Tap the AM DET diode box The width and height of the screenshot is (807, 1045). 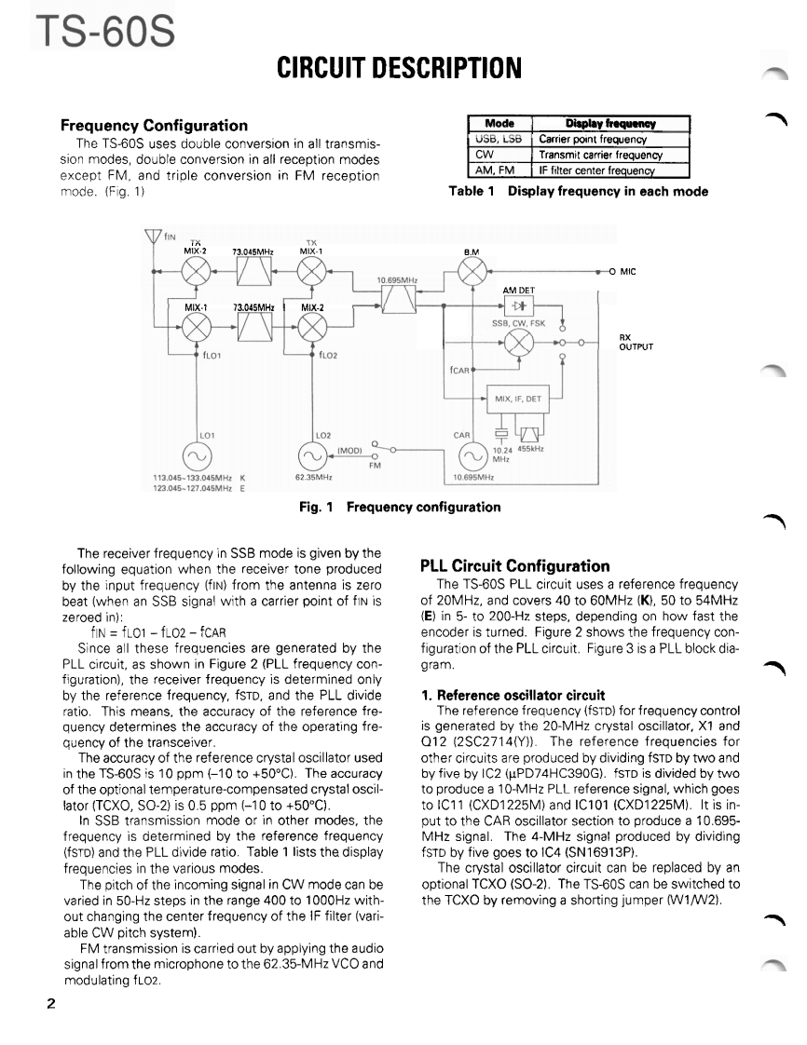518,305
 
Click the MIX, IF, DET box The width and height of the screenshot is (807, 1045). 518,399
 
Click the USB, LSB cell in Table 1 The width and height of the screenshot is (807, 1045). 498,140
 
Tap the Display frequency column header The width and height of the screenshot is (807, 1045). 610,124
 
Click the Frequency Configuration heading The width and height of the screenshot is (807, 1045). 154,125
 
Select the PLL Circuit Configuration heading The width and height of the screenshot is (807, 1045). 515,565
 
